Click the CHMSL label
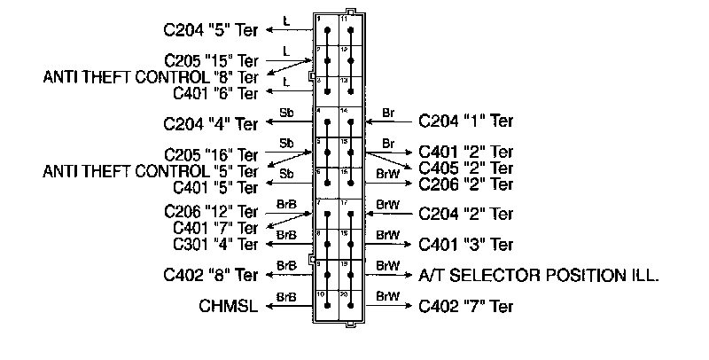[x=229, y=307]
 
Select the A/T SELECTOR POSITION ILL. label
[x=539, y=275]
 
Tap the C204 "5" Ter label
[x=211, y=29]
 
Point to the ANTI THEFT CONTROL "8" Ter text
[x=151, y=77]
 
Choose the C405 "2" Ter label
[x=465, y=168]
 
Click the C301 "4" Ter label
[x=215, y=244]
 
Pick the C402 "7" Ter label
[x=465, y=307]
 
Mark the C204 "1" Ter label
[x=465, y=120]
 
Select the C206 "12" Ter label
[x=211, y=212]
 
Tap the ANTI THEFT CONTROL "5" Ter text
[x=151, y=170]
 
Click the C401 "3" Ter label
[x=465, y=244]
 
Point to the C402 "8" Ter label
[x=211, y=275]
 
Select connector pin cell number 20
[x=351, y=306]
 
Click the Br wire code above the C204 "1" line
[x=387, y=113]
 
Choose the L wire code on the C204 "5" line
[x=285, y=20]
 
